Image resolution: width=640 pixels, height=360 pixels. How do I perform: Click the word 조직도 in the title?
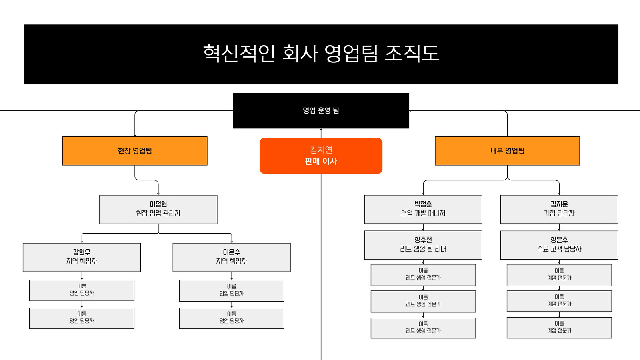(x=412, y=54)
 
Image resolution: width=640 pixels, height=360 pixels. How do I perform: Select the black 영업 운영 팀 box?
(x=321, y=110)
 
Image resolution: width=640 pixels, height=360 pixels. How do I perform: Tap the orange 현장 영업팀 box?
(x=135, y=151)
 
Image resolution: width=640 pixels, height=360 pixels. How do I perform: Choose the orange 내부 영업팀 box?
(x=507, y=151)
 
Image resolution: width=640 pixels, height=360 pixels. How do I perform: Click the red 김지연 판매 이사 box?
(x=321, y=156)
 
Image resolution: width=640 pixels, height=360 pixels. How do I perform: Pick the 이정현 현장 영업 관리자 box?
(x=158, y=210)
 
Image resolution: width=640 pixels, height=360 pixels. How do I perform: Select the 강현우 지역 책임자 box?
(x=82, y=258)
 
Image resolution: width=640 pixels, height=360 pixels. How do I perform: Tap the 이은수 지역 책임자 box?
(x=232, y=258)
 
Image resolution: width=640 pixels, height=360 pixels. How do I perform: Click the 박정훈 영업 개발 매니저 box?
(x=423, y=210)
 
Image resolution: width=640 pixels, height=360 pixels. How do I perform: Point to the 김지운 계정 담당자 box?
(x=559, y=210)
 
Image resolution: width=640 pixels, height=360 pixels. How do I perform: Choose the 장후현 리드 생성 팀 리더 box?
(x=423, y=245)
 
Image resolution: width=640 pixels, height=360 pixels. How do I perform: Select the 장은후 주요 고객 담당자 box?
(x=559, y=245)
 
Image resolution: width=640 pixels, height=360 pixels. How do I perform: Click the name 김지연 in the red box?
(x=321, y=150)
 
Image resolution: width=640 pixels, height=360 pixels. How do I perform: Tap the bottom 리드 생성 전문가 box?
(x=423, y=328)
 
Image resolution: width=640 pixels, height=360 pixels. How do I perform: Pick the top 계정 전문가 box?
(x=559, y=275)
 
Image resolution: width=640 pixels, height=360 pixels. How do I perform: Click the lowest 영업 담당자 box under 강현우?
(x=82, y=318)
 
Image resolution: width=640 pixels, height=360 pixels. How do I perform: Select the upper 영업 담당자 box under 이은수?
(x=232, y=290)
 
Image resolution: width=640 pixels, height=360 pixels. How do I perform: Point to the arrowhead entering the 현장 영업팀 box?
(x=135, y=136)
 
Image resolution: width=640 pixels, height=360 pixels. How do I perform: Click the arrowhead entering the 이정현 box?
(x=158, y=194)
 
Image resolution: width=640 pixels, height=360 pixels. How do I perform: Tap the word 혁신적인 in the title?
(x=239, y=54)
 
